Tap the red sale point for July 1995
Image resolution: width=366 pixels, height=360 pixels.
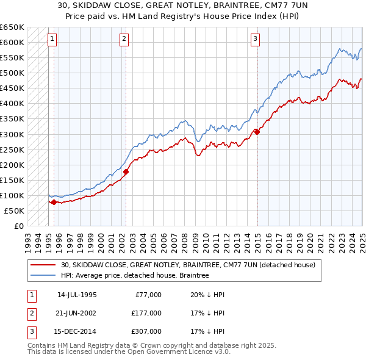coord(54,202)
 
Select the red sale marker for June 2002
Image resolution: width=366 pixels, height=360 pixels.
coord(126,171)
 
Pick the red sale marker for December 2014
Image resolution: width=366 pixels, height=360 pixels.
coord(257,131)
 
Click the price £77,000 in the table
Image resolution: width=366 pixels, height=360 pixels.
coord(147,295)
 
